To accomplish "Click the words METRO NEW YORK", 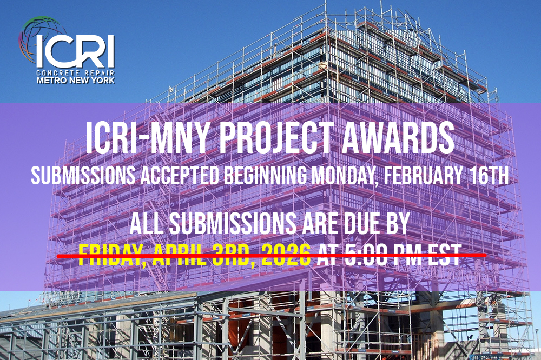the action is [76, 81].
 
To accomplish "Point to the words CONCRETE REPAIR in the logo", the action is [75, 73].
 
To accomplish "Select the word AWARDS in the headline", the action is [398, 138].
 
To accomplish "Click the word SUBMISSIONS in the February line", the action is [83, 176].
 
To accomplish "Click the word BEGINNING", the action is [265, 176].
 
